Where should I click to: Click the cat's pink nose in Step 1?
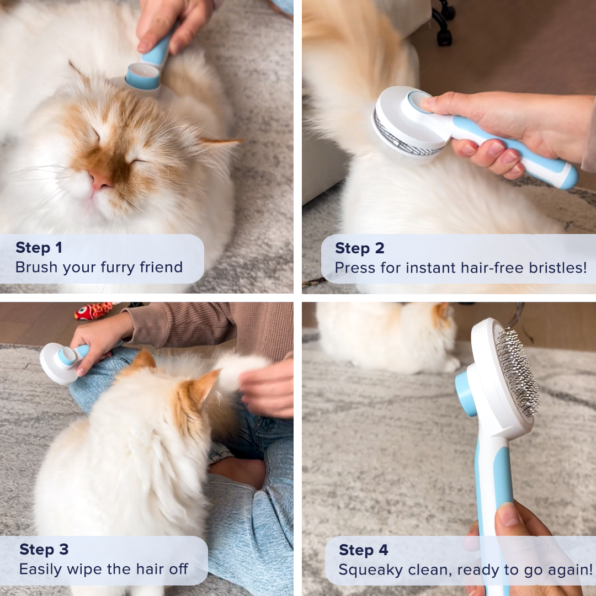[x=102, y=179]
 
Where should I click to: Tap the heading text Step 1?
[x=39, y=248]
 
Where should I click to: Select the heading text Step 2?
[x=359, y=248]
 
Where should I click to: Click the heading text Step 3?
[x=44, y=549]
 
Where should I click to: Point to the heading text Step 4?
[x=363, y=550]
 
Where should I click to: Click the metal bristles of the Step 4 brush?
[x=517, y=373]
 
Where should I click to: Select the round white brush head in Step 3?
[x=55, y=364]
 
